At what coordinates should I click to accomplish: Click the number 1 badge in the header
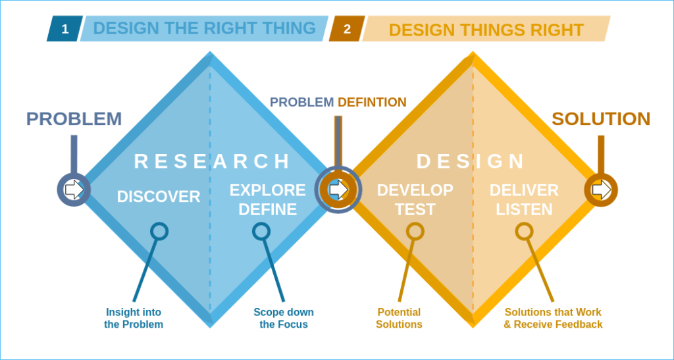click(x=65, y=29)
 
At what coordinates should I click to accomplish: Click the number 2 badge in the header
click(x=347, y=29)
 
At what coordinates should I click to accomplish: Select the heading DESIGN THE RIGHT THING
click(x=204, y=28)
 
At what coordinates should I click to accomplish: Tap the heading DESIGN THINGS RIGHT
click(x=486, y=30)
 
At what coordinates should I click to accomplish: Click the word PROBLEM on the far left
click(x=74, y=119)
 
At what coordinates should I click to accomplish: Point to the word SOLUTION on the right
click(x=600, y=119)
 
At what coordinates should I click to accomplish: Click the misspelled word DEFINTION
click(x=372, y=102)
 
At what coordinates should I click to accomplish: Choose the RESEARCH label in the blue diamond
click(x=212, y=161)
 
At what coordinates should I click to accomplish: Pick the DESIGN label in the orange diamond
click(x=471, y=161)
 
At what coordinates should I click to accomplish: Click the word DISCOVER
click(x=159, y=196)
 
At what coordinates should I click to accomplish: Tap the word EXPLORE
click(x=267, y=190)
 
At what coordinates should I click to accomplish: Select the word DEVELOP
click(x=415, y=190)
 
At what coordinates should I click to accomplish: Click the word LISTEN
click(x=524, y=210)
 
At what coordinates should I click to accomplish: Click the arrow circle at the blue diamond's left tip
click(x=74, y=190)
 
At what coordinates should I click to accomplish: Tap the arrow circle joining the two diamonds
click(x=338, y=190)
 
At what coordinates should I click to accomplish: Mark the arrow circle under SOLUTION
click(x=600, y=190)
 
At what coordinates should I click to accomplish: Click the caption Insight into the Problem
click(x=134, y=318)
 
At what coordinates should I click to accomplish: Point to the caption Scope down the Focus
click(x=284, y=318)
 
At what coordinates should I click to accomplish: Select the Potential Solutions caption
click(x=399, y=318)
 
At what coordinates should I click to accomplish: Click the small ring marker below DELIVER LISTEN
click(x=524, y=231)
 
